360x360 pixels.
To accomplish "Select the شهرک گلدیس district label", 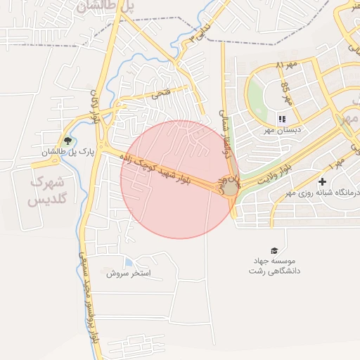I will tap(47, 190).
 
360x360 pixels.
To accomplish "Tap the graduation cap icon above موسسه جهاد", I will tap(274, 250).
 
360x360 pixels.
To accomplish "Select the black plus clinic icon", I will tap(322, 182).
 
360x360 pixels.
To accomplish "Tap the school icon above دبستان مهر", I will tap(282, 119).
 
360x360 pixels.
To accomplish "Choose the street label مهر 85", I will tap(285, 91).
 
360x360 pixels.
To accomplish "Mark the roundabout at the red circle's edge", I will tap(230, 188).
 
